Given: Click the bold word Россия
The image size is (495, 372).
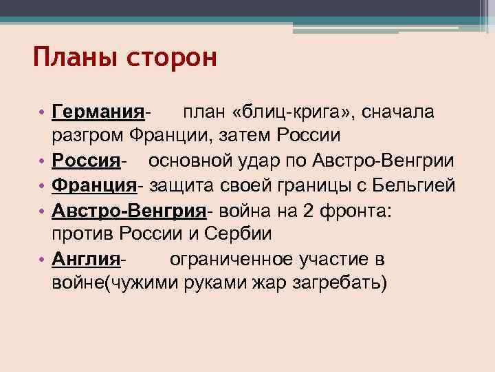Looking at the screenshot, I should coord(87,161).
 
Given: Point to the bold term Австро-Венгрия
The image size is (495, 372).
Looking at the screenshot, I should coord(129,210).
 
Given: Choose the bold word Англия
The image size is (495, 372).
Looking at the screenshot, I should coord(87,259).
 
